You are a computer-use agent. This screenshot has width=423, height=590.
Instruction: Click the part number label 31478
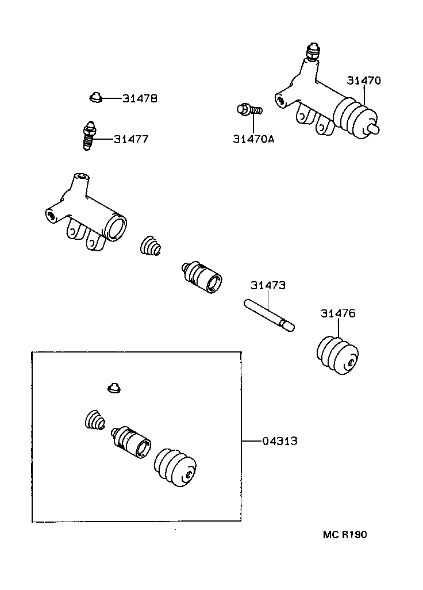click(140, 99)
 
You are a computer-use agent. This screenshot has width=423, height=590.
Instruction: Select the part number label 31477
click(131, 139)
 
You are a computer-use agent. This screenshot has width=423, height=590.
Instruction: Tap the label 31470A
click(253, 139)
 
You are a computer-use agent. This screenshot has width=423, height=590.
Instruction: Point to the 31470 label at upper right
click(363, 81)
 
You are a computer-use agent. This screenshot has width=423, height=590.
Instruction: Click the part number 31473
click(268, 285)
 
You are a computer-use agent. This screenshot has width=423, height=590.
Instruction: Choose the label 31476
click(338, 313)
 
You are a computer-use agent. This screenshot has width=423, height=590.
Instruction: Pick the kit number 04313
click(280, 441)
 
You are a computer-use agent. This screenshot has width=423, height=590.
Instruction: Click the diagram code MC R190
click(344, 535)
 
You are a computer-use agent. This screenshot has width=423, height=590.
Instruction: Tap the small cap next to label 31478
click(95, 98)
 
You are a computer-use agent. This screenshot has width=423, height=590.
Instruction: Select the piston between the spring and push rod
click(202, 277)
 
